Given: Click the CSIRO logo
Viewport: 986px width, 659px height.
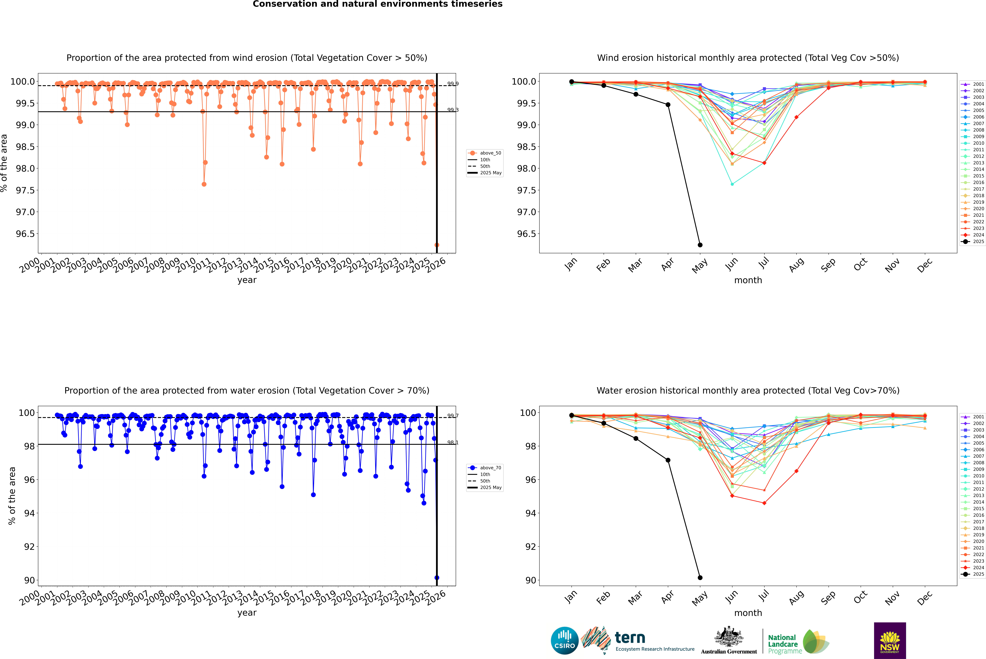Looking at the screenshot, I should [565, 641].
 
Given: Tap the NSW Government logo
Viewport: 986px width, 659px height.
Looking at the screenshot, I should [890, 641].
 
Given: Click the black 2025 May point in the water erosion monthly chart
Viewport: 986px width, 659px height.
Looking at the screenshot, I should [700, 577].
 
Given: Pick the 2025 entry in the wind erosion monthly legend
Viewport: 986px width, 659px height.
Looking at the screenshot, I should [975, 242].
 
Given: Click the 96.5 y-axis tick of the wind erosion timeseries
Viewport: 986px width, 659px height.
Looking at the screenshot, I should [25, 234].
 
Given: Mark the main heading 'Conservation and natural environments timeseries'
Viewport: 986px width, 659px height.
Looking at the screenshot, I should [377, 4].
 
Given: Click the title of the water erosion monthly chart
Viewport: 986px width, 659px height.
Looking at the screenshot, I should [748, 390].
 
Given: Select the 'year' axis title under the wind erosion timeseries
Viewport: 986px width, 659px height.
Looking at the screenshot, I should [247, 280].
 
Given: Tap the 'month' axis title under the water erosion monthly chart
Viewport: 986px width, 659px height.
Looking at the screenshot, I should [748, 613].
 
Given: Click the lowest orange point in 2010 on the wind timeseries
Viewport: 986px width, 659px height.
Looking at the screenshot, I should [204, 184].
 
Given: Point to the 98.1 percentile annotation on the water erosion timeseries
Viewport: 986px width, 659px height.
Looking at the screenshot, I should [453, 443].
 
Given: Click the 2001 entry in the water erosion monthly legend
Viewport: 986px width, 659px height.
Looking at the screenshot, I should [975, 417].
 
